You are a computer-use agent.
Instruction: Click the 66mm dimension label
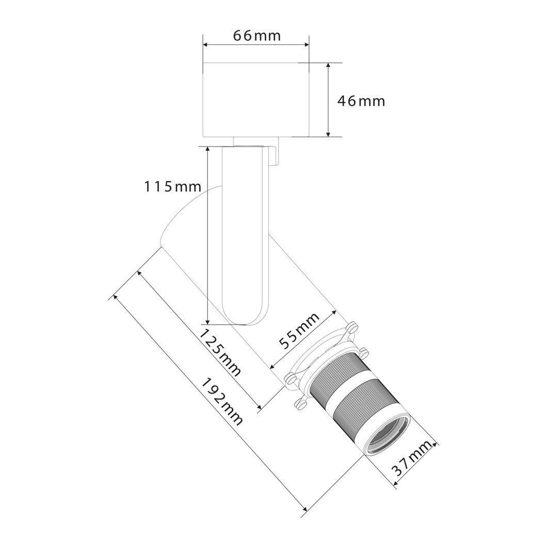pos(257,36)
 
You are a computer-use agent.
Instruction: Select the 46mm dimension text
pos(361,101)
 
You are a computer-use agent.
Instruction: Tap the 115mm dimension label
pos(173,187)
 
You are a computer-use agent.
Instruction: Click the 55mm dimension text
pos(300,330)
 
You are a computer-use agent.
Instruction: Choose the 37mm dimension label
pos(414,459)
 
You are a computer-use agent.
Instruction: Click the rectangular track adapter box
pos(256,100)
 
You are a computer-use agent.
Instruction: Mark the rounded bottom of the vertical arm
pos(246,316)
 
